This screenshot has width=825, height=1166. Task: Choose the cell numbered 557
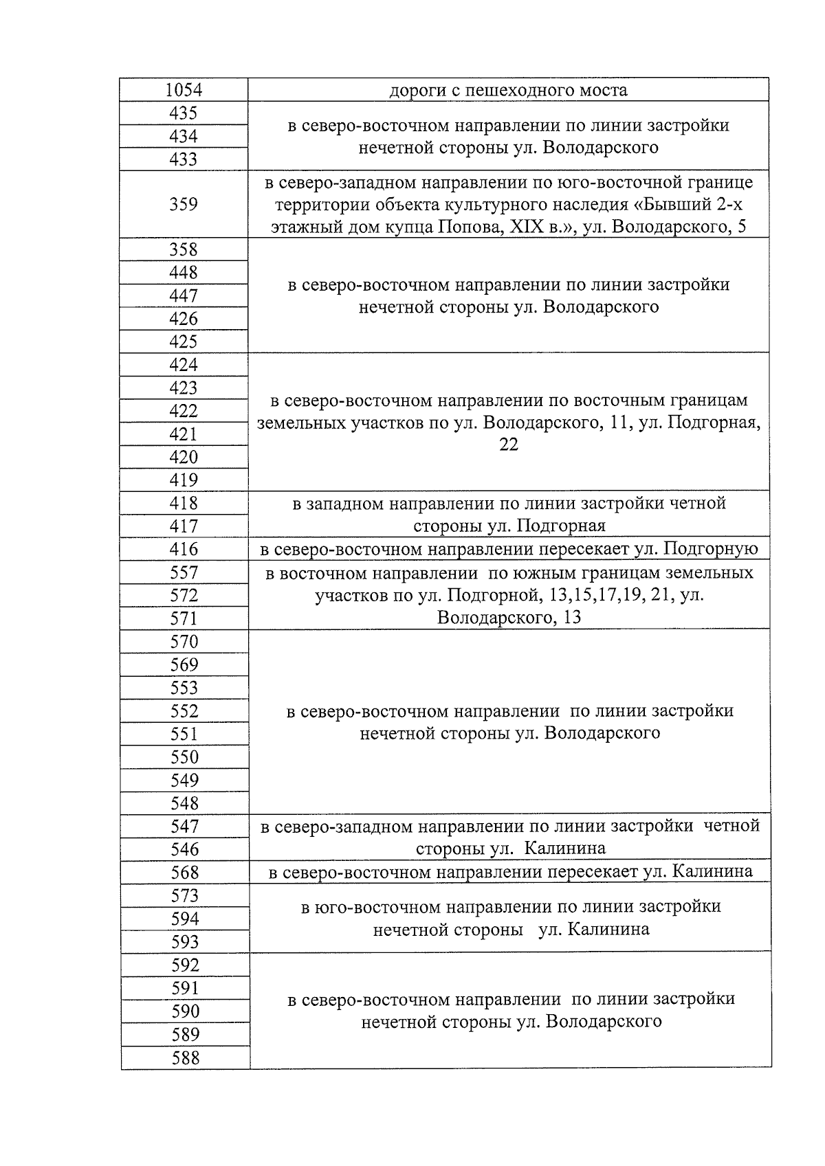[184, 572]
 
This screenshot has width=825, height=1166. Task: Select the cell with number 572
[184, 596]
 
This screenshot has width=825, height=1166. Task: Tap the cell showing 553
[184, 688]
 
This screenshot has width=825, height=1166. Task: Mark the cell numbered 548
[184, 803]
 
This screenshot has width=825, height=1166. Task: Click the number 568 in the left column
[184, 873]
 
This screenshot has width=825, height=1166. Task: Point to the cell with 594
[184, 919]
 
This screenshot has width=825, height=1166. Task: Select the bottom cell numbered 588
[185, 1058]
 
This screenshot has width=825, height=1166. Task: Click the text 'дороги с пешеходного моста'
[508, 90]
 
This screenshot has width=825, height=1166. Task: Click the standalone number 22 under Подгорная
[509, 445]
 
